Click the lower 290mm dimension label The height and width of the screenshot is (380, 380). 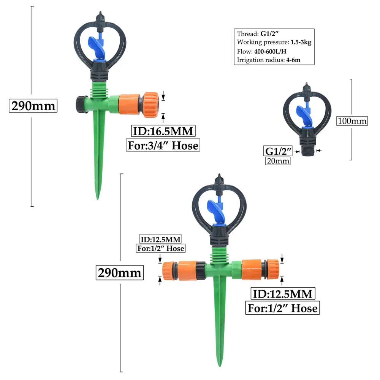(120, 272)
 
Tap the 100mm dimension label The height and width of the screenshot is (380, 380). (352, 121)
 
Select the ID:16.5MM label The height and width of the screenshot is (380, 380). (163, 131)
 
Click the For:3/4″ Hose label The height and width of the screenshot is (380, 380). (163, 145)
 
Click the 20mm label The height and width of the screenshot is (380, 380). (278, 161)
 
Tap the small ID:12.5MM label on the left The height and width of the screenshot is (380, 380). (160, 239)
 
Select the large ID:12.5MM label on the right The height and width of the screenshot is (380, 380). (282, 294)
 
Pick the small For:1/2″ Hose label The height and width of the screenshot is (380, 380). (160, 249)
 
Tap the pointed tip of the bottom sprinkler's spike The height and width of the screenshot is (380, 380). (220, 365)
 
